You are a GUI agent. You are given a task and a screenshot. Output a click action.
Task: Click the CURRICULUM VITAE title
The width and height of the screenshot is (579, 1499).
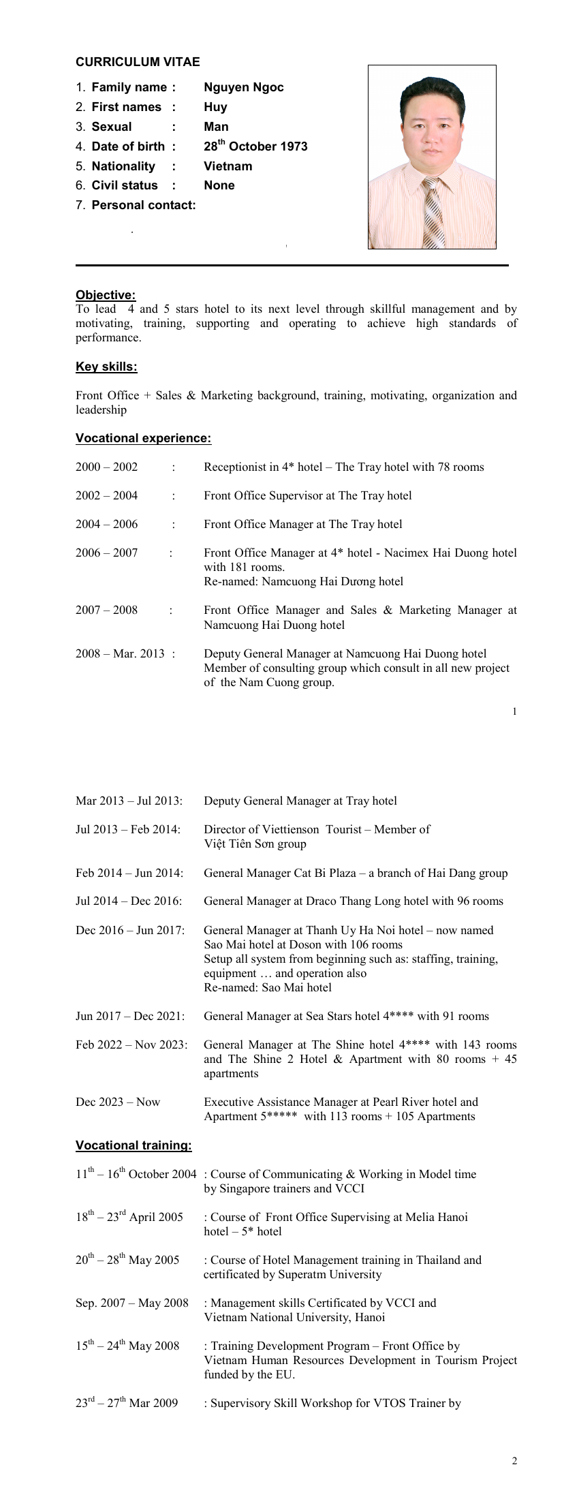(x=138, y=62)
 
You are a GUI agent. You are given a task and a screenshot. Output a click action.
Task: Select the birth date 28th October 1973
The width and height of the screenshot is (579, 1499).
(x=255, y=146)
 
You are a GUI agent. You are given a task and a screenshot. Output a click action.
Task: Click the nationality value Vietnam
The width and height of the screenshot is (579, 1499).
(x=228, y=166)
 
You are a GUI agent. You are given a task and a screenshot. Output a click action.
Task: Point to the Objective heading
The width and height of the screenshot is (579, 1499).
(x=106, y=295)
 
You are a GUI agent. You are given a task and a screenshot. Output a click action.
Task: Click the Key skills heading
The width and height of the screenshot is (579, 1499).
(x=106, y=367)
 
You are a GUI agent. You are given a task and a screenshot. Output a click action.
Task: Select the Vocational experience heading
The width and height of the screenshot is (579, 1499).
(x=143, y=438)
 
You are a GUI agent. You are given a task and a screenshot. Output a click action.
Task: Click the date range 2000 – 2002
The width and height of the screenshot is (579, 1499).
(x=106, y=467)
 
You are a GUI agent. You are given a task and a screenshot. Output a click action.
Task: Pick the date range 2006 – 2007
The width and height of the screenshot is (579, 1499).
(x=106, y=553)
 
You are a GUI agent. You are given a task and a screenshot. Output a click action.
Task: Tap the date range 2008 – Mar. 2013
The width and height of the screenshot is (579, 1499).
(x=120, y=653)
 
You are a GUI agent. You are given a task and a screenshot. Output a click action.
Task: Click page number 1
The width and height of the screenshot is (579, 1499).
(x=514, y=711)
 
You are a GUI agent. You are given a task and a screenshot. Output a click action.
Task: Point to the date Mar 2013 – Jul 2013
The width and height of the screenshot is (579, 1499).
(x=129, y=801)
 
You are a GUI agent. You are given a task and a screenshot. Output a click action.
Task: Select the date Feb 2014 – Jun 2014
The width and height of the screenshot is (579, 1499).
(x=129, y=873)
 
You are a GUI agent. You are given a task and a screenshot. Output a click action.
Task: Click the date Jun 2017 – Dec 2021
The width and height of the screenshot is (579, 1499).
(x=130, y=1016)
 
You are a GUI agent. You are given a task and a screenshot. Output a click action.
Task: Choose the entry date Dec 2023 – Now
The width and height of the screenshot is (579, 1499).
(x=118, y=1102)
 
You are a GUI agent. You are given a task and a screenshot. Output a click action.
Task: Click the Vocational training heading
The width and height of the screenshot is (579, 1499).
(x=134, y=1145)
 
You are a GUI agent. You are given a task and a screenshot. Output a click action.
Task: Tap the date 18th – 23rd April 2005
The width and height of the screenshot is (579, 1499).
(x=129, y=1217)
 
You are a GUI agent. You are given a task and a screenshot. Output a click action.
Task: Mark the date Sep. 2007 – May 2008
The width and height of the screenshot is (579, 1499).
(x=132, y=1303)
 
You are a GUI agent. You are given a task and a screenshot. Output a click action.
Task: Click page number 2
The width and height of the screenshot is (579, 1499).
(x=514, y=1460)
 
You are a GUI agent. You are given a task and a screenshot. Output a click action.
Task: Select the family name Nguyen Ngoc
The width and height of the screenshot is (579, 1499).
(x=243, y=87)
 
